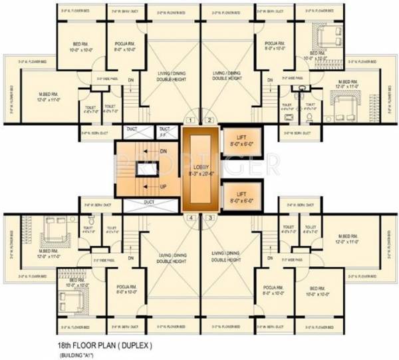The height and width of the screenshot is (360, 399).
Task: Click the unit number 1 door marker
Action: click(192, 120)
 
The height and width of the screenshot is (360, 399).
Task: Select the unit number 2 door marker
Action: click(209, 120)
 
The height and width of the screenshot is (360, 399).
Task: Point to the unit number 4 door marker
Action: click(192, 218)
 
